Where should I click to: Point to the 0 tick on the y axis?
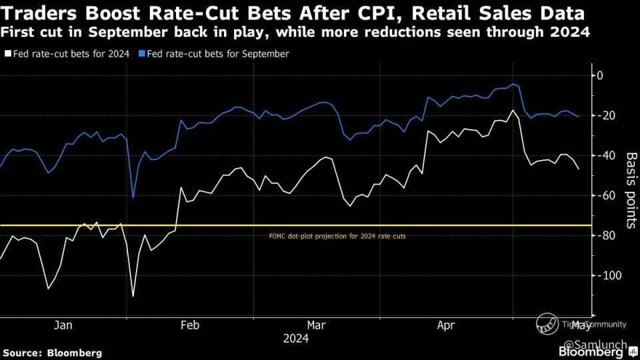pos(599,75)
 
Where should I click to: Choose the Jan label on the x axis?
pos(63,325)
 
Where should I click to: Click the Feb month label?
pos(190,325)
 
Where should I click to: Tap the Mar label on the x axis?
pos(317,325)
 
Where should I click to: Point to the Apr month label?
pos(445,325)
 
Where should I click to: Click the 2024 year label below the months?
pos(295,339)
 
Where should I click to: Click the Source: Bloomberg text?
pos(53,352)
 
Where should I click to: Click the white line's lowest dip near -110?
pos(133,296)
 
